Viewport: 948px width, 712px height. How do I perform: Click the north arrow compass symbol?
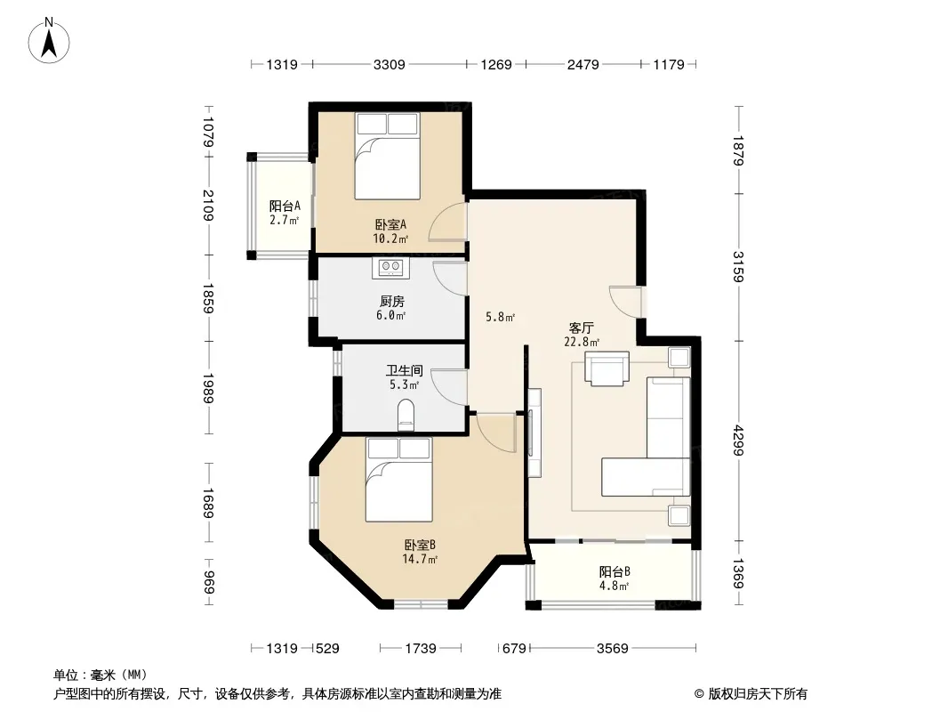49,40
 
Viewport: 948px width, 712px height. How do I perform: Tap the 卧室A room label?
390,224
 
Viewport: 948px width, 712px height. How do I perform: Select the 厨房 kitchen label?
392,301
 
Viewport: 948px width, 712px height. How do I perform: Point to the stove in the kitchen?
390,267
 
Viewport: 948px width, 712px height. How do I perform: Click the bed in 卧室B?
399,480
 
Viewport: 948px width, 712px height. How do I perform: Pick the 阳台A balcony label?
285,206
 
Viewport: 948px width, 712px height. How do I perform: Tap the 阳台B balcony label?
615,571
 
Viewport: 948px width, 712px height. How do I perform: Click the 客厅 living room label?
581,328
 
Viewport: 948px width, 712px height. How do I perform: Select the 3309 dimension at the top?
389,64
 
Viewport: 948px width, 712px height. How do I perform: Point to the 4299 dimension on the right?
737,441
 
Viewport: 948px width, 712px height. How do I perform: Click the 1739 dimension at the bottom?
420,649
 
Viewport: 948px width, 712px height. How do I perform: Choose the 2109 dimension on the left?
209,206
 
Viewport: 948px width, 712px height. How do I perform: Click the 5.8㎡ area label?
501,316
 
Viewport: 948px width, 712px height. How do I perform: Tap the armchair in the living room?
607,368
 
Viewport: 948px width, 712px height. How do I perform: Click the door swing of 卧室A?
446,222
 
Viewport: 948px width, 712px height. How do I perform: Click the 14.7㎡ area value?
420,560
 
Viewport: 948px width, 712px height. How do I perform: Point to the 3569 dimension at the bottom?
613,649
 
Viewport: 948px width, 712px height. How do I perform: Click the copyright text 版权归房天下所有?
757,694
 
